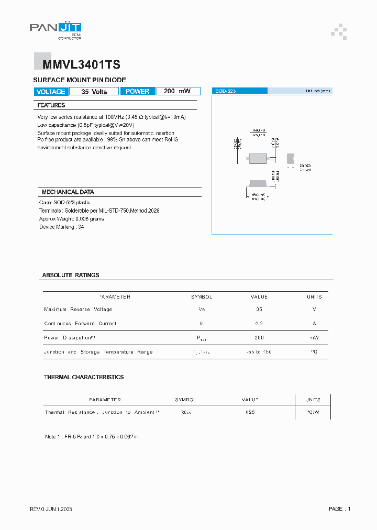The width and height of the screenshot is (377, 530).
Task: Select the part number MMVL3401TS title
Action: click(77, 65)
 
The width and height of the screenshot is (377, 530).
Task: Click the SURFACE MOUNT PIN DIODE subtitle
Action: click(80, 80)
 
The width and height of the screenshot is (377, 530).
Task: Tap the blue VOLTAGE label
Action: click(51, 92)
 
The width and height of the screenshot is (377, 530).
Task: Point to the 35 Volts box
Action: click(94, 92)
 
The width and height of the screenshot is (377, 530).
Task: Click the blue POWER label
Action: click(138, 91)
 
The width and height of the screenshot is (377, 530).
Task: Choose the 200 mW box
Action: click(178, 91)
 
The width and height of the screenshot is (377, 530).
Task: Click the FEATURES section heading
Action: click(51, 105)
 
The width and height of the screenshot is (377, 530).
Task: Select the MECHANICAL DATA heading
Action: click(68, 192)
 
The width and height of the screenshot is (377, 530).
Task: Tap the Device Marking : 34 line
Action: click(62, 227)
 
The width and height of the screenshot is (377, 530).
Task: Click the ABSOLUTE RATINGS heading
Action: click(71, 275)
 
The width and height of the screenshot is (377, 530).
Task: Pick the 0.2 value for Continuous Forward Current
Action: click(259, 324)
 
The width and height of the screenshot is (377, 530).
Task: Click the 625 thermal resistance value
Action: click(250, 412)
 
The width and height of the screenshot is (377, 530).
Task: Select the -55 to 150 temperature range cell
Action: click(259, 352)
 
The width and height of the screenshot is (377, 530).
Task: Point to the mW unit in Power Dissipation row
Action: click(314, 338)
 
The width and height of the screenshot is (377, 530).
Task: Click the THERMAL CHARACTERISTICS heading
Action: click(84, 377)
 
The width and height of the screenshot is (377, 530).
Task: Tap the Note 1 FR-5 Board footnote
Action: click(92, 436)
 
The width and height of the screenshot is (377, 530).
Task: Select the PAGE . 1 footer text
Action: click(339, 509)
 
